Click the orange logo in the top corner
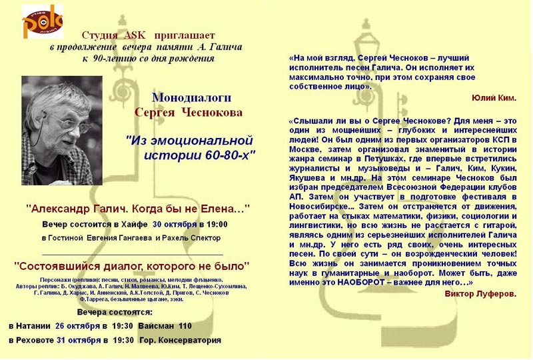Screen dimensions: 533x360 [43, 21]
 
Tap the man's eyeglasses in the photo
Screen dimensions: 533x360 [68, 122]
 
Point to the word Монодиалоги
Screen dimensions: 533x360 [191, 98]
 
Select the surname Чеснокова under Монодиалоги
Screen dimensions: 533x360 [212, 113]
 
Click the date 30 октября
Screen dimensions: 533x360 [175, 225]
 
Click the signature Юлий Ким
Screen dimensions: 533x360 [494, 99]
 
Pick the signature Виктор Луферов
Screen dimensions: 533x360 [480, 294]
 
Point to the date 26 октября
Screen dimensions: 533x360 [77, 326]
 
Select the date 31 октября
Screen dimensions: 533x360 [79, 340]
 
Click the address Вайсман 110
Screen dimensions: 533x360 [165, 326]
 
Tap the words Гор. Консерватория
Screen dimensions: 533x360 [180, 340]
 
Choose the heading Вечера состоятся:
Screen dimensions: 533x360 [115, 313]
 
